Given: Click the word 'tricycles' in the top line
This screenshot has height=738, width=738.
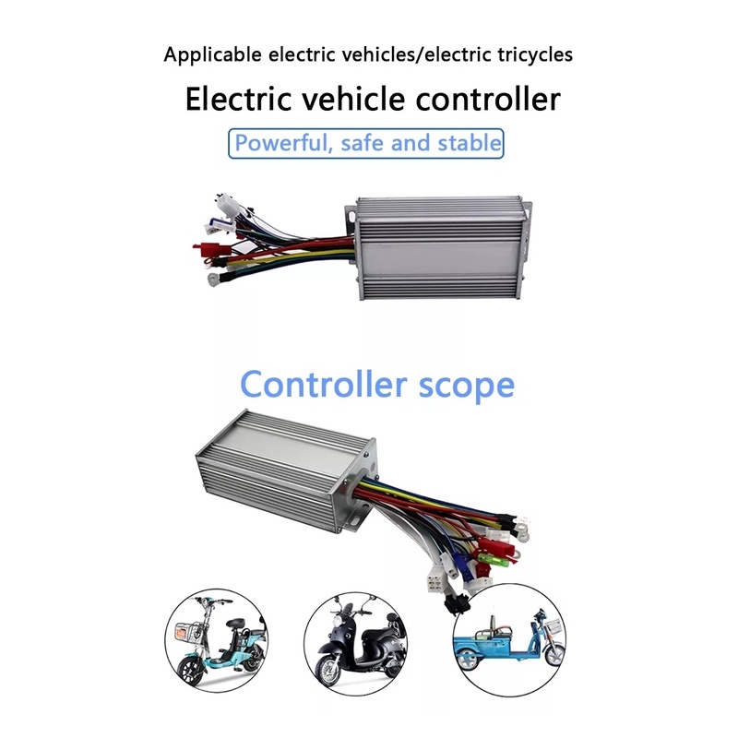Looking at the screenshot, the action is [535, 54].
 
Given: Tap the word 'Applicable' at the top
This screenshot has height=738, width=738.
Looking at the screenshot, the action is [212, 55].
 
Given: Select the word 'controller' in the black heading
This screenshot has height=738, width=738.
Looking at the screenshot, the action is [488, 99].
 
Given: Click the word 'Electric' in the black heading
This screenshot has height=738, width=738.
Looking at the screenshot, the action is [238, 99].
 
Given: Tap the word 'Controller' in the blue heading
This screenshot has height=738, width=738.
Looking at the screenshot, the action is [324, 384].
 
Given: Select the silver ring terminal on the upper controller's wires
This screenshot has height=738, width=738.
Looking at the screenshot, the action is [213, 280].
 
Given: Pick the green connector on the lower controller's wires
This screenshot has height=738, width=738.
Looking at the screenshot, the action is [489, 559].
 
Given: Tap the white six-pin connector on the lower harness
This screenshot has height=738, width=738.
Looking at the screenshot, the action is [434, 584].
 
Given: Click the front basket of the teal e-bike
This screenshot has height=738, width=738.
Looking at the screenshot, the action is [187, 633].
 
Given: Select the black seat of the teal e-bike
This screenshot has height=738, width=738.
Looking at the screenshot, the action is [239, 621].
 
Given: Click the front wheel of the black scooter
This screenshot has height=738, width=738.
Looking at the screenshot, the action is [328, 671].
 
